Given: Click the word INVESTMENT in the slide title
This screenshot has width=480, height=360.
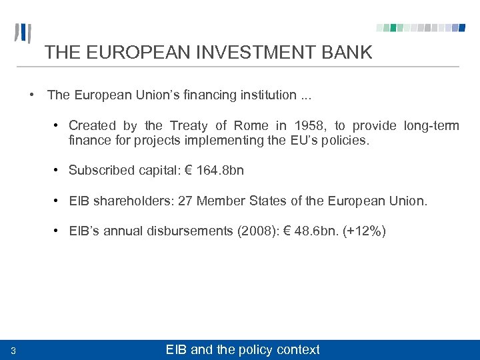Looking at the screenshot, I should coord(225,53).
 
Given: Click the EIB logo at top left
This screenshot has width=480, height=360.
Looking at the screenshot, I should coord(23,33).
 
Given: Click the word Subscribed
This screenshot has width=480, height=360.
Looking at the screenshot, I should coord(100,170).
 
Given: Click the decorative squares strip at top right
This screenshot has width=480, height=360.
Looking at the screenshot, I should coord(420,28).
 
